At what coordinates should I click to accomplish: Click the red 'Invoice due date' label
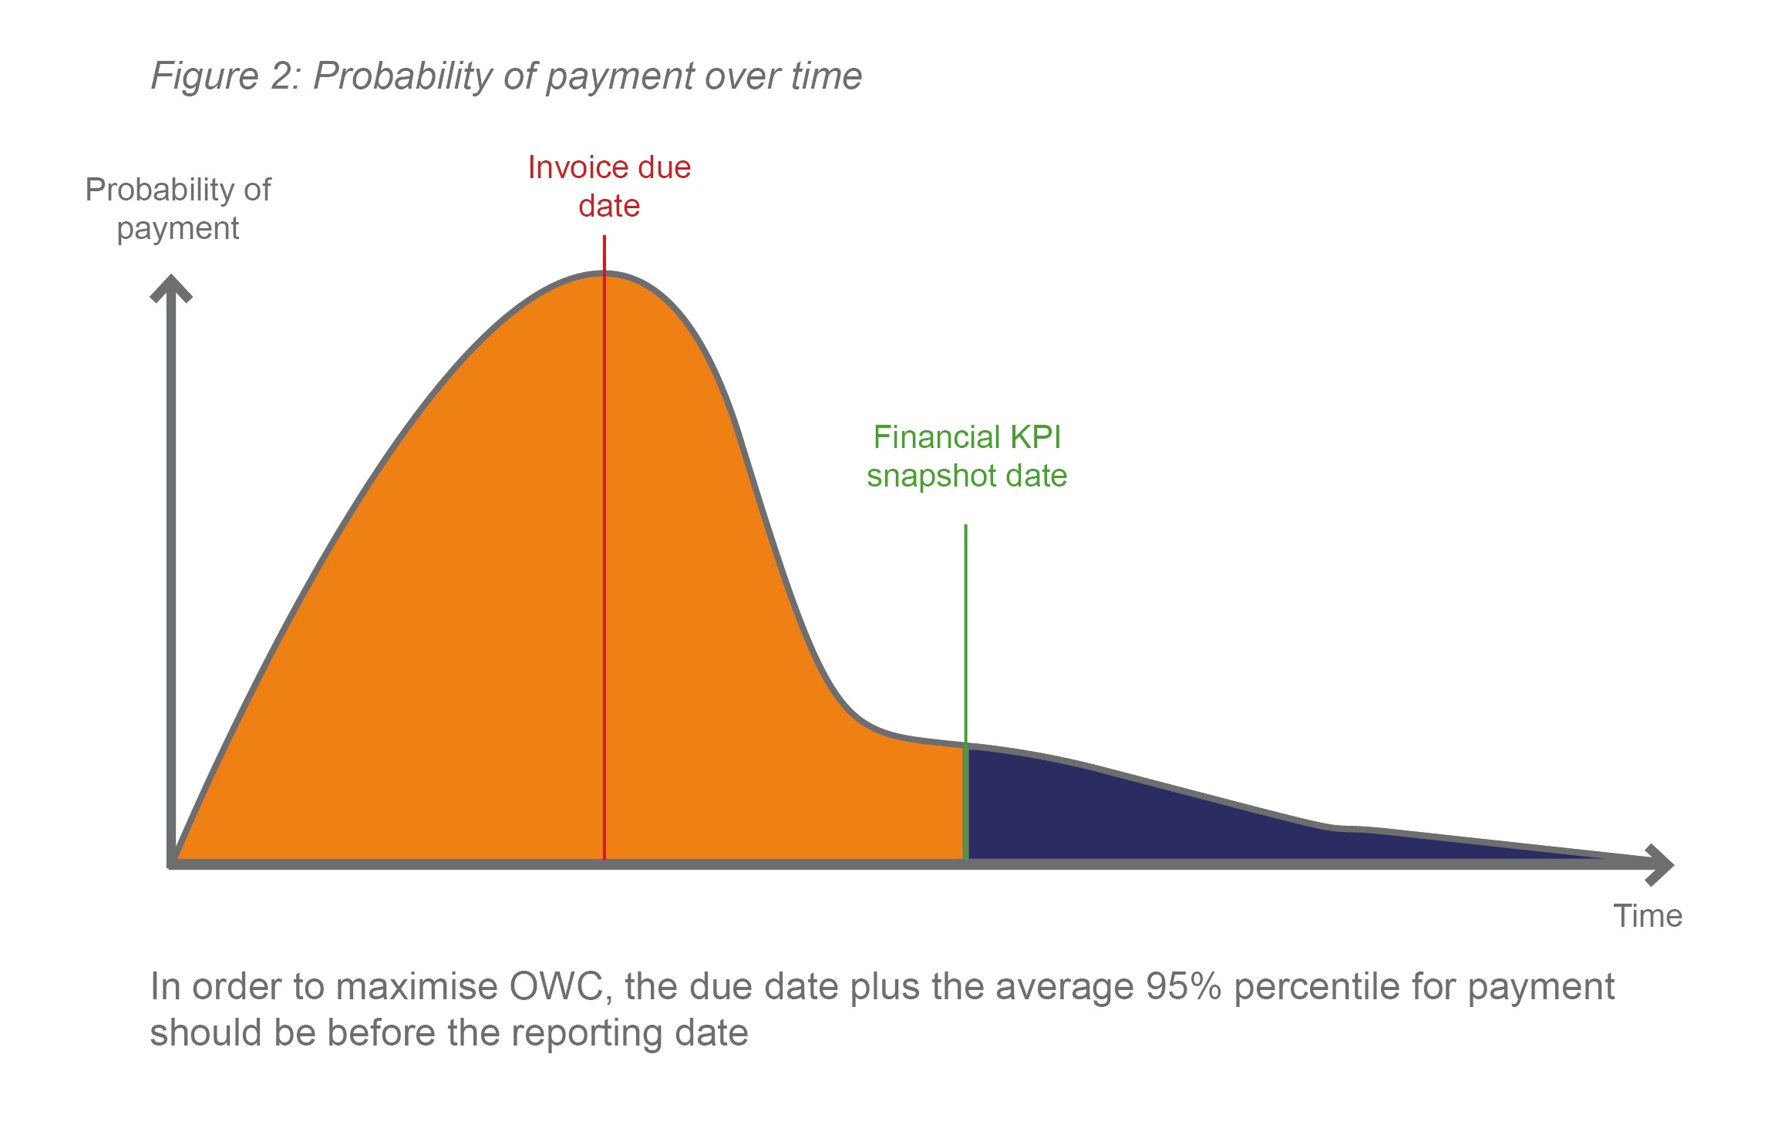[x=609, y=187]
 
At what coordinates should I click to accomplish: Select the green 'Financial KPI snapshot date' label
[x=967, y=456]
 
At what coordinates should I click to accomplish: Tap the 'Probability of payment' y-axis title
[x=178, y=209]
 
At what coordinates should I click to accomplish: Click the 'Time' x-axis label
[x=1648, y=916]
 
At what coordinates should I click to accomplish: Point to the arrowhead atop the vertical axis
[x=170, y=287]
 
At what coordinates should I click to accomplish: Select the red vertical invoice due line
[x=604, y=547]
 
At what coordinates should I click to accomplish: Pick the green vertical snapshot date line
[x=965, y=692]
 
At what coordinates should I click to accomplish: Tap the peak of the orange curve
[x=604, y=273]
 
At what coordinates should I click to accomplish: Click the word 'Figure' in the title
[x=205, y=76]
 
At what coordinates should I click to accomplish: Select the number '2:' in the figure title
[x=285, y=76]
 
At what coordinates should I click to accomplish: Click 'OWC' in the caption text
[x=557, y=986]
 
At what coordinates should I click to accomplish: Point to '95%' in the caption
[x=1184, y=986]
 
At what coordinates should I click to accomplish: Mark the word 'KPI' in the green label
[x=1036, y=437]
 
